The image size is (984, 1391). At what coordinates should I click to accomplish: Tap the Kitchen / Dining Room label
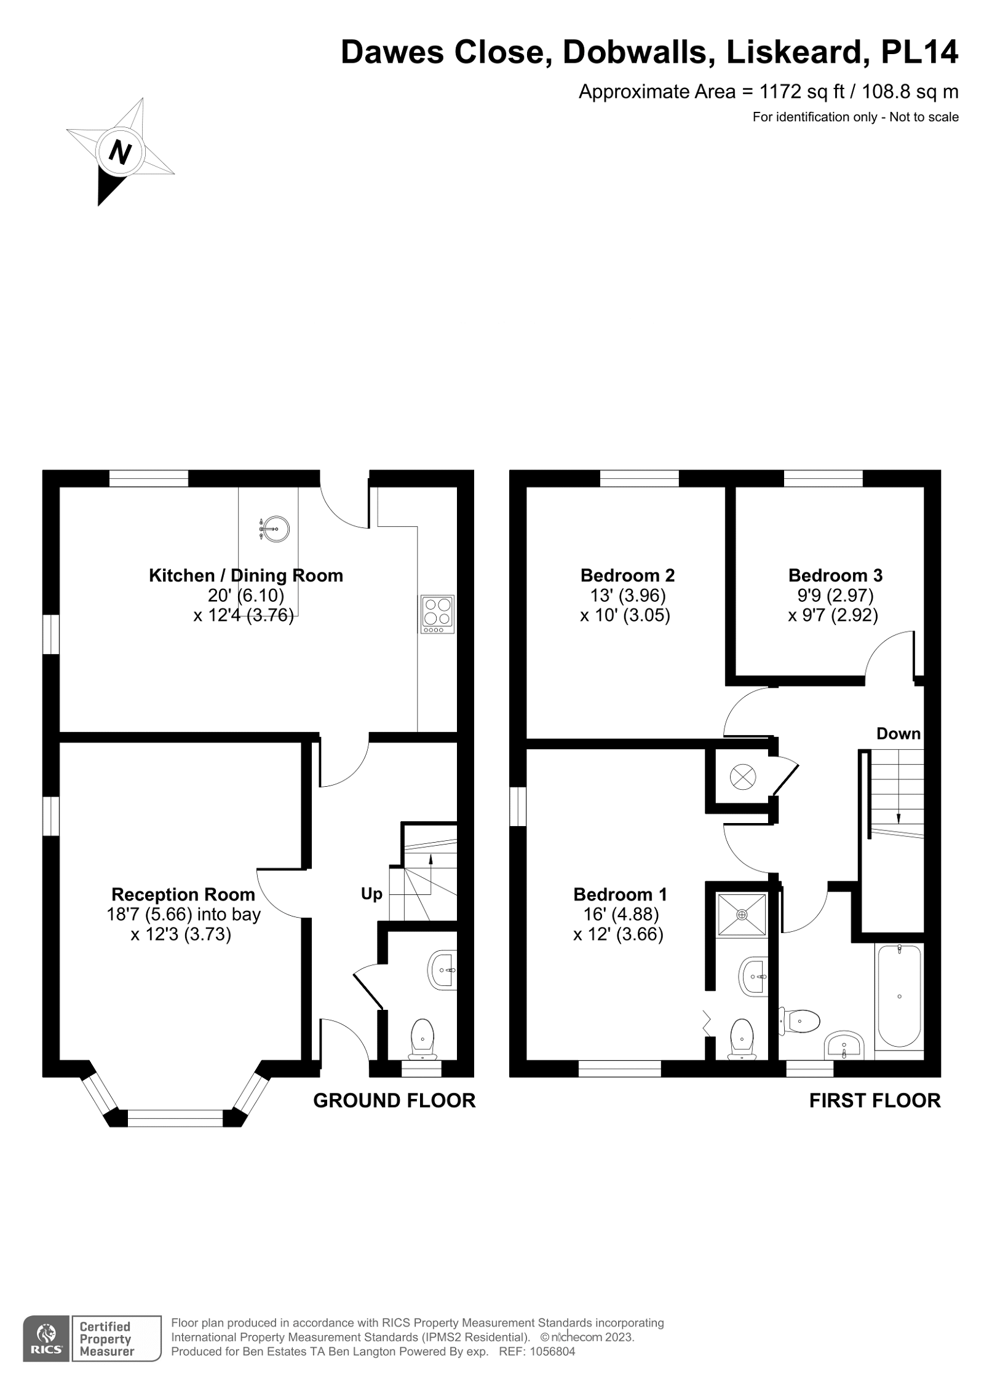point(245,575)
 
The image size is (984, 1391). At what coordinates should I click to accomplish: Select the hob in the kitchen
point(437,613)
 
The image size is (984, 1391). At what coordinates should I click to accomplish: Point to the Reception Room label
point(183,894)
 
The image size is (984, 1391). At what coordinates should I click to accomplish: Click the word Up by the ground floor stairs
point(371,894)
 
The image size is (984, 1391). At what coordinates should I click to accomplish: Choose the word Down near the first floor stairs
point(898,733)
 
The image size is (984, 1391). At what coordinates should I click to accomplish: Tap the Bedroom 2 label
point(627,575)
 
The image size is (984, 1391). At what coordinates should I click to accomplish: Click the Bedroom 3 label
point(835,575)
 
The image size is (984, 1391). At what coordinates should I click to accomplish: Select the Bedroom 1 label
point(620,894)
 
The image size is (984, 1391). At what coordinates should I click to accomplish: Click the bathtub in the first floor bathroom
point(899,996)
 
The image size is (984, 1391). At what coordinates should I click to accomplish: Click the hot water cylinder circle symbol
point(742,777)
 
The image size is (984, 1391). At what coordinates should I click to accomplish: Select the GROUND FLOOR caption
point(394,1100)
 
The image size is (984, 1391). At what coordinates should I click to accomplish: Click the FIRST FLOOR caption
point(875,1100)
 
